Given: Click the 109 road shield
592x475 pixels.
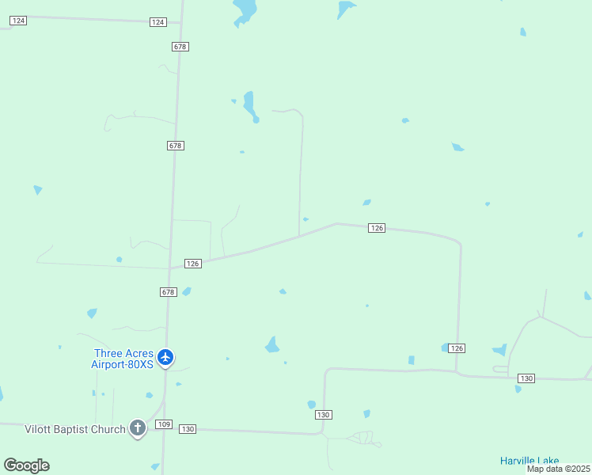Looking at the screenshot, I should click(164, 424).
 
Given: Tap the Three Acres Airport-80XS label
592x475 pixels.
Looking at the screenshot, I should click(123, 359).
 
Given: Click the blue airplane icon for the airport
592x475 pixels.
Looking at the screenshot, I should click(165, 358).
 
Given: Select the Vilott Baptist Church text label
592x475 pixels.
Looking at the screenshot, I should click(75, 429).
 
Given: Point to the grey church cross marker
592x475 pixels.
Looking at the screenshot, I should click(138, 428).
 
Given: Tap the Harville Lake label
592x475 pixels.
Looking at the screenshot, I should click(529, 461).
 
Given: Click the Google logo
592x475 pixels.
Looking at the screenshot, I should click(26, 465).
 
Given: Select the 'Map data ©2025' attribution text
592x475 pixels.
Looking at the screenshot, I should click(559, 469).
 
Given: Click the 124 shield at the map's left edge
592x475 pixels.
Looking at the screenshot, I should click(18, 20).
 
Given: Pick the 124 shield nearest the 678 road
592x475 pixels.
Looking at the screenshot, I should click(157, 22).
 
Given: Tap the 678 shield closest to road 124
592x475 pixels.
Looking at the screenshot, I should click(180, 47).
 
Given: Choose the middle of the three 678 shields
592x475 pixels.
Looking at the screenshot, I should click(176, 146).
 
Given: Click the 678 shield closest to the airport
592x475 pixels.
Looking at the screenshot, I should click(168, 292).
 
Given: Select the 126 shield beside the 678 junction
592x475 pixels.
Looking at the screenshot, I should click(192, 263).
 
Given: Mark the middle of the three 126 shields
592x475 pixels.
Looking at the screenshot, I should click(377, 228).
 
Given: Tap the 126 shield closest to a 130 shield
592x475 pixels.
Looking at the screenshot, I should click(456, 348).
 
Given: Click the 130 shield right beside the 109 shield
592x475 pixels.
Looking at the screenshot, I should click(187, 429).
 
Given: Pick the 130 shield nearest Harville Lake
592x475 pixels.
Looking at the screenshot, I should click(526, 378).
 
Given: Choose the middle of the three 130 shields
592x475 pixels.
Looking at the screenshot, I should click(323, 415).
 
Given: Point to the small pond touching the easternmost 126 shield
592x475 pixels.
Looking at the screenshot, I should click(445, 348).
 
